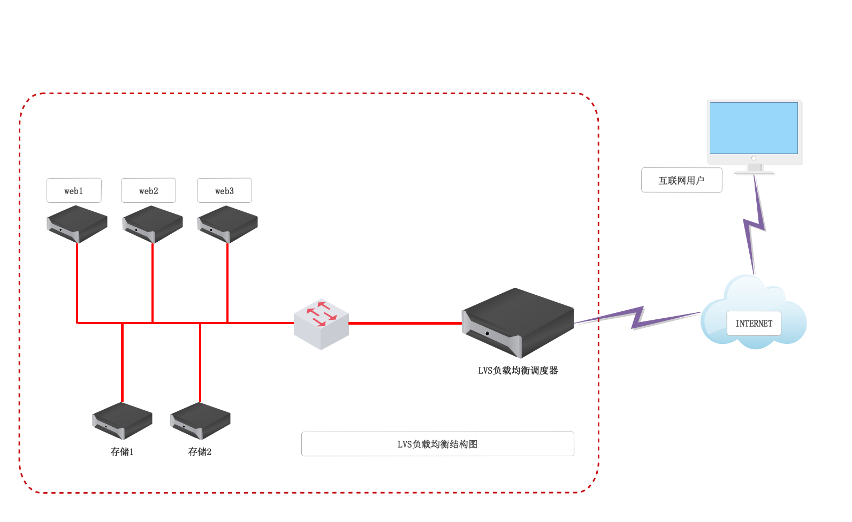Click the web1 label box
click(74, 190)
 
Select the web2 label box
click(148, 190)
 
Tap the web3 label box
click(224, 190)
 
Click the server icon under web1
click(77, 224)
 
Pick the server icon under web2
click(153, 224)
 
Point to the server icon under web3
click(227, 224)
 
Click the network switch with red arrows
click(321, 324)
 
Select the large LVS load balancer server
click(518, 323)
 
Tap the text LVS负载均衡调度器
click(518, 371)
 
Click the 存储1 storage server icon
click(123, 420)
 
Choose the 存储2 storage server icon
click(200, 420)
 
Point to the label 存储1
click(122, 452)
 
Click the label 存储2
click(200, 452)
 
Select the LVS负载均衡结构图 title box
click(437, 444)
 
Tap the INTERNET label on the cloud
click(754, 324)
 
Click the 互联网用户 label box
click(681, 180)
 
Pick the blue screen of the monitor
click(754, 128)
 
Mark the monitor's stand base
click(754, 172)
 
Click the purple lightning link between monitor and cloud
click(755, 225)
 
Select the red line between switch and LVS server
click(405, 323)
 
